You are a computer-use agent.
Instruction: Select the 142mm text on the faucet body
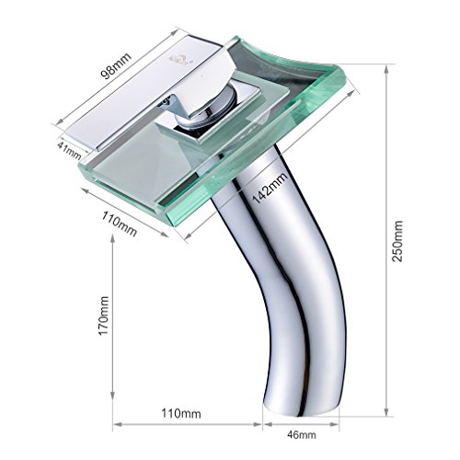pos(270,188)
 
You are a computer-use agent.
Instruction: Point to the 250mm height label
pos(398,241)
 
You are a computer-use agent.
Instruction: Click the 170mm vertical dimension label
pos(104,316)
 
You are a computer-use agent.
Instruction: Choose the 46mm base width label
pos(302,434)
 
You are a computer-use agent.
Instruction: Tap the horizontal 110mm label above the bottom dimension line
pos(181,414)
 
